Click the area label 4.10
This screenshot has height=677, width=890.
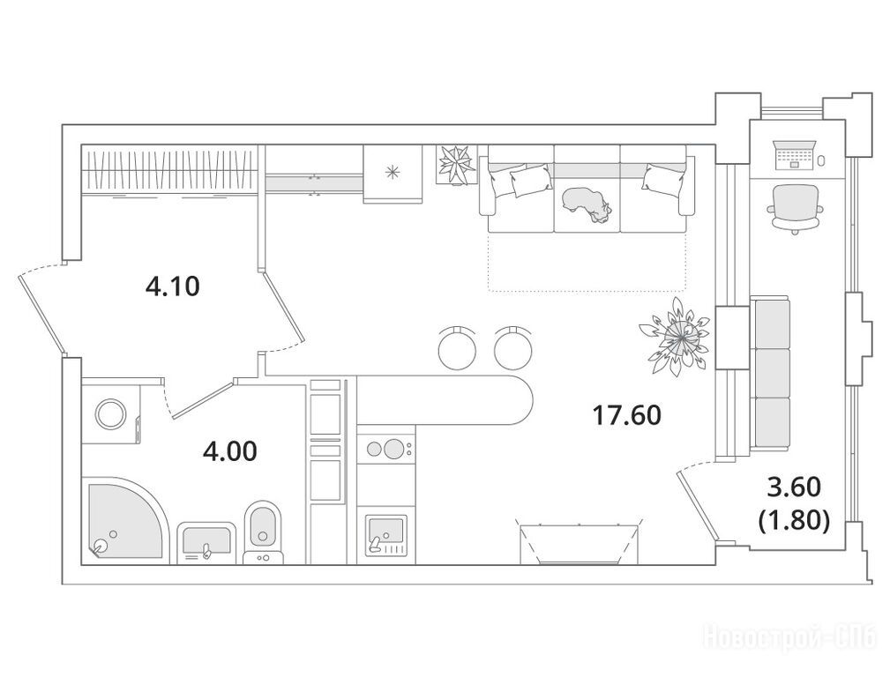tap(173, 286)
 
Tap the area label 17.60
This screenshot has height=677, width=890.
tap(626, 415)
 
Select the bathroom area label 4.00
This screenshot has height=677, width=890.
tap(230, 451)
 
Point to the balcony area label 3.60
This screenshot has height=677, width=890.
tap(794, 487)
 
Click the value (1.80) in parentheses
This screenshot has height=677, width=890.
tap(794, 520)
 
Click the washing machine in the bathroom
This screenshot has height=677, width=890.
tap(111, 413)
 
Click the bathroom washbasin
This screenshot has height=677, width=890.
tap(206, 542)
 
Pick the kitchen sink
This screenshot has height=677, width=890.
tap(386, 535)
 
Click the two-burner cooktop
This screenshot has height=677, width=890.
tap(386, 450)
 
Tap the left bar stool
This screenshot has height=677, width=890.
tap(458, 346)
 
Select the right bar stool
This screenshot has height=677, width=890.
tap(513, 346)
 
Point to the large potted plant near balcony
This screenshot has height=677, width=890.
tap(676, 337)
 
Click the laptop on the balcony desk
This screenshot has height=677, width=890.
tap(794, 155)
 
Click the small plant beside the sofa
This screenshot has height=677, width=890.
tap(456, 164)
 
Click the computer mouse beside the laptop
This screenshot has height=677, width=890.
tap(822, 161)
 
